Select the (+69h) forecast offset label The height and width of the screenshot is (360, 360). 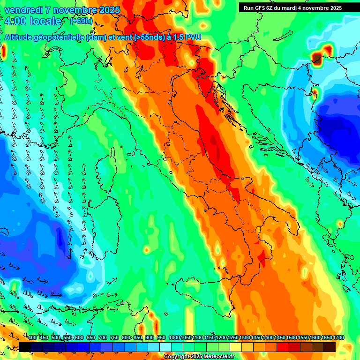[x=82, y=21]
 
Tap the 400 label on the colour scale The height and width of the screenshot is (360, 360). [x=32, y=338]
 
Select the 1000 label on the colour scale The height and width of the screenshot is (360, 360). [x=174, y=338]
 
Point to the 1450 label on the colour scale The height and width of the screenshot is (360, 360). [x=280, y=338]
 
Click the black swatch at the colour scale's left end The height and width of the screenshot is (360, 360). [x=25, y=347]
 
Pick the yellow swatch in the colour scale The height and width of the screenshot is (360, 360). [x=236, y=347]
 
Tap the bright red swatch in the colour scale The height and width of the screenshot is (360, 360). [x=283, y=347]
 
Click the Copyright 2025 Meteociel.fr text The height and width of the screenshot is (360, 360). [x=199, y=356]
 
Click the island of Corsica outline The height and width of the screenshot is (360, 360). [x=105, y=169]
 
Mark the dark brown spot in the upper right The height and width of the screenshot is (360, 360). [x=317, y=59]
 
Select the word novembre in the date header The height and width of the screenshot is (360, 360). [x=69, y=10]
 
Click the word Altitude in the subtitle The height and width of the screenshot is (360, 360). [x=21, y=37]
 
